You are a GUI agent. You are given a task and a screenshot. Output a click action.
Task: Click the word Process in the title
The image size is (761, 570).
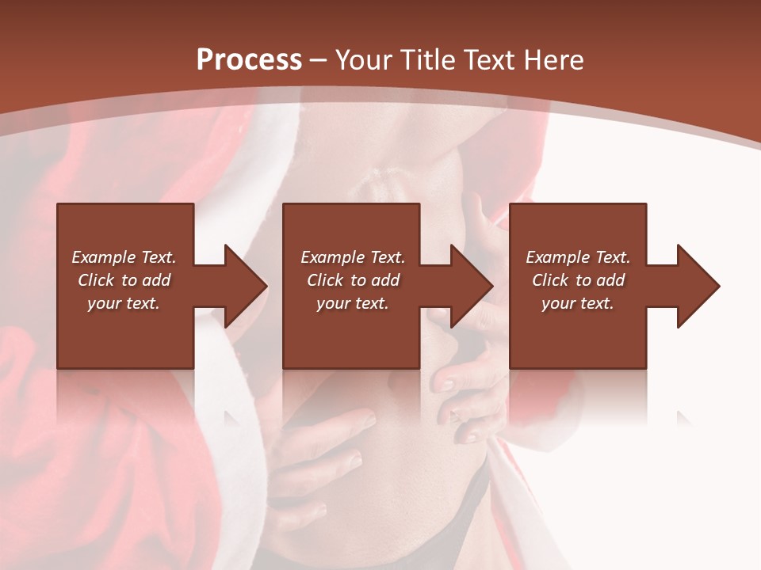249,60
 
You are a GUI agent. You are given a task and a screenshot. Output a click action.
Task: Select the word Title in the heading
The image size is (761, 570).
430,60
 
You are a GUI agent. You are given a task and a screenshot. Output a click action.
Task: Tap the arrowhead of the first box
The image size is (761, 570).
244,286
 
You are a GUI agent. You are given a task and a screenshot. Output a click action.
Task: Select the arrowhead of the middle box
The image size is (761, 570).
470,286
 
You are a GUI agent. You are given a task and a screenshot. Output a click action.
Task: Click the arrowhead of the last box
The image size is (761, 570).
697,286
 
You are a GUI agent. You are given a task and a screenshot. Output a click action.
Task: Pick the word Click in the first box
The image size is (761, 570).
97,280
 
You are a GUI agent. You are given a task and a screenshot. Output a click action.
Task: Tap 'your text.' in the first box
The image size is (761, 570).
124,303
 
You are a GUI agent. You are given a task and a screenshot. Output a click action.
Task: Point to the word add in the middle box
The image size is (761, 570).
385,280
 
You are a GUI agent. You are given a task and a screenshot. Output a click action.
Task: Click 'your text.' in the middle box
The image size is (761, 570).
352,303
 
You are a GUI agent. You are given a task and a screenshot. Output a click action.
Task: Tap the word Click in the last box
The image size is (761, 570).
551,280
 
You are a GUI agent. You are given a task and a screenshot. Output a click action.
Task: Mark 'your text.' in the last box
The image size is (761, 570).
577,303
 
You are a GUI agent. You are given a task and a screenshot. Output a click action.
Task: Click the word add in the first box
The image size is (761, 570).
156,280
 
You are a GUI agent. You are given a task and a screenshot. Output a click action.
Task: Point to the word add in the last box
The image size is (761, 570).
610,280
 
